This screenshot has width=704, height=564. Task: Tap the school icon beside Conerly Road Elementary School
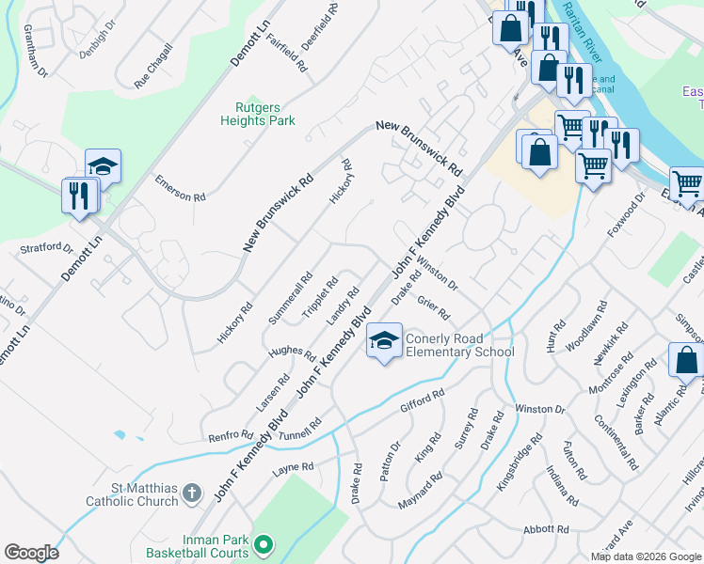pyautogui.click(x=383, y=343)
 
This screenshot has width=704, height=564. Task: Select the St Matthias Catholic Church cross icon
pyautogui.click(x=192, y=493)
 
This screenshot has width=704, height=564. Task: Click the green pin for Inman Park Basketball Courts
pyautogui.click(x=264, y=543)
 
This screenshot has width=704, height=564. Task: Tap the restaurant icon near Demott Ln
pyautogui.click(x=78, y=196)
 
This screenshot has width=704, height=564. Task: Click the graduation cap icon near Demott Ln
pyautogui.click(x=103, y=167)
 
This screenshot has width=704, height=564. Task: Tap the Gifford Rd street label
pyautogui.click(x=421, y=401)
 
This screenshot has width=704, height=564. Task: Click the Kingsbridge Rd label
pyautogui.click(x=522, y=460)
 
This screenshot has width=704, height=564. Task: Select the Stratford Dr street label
pyautogui.click(x=46, y=249)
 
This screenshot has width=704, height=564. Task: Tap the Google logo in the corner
pyautogui.click(x=31, y=552)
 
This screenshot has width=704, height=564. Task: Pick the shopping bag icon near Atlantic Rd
pyautogui.click(x=686, y=360)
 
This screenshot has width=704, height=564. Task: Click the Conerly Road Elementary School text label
pyautogui.click(x=459, y=345)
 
